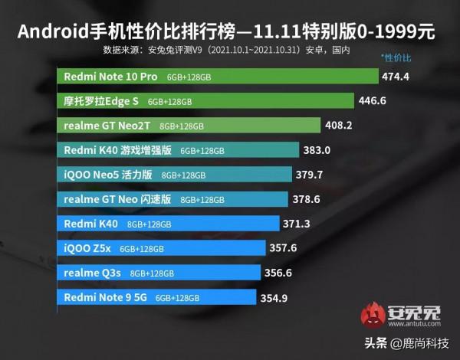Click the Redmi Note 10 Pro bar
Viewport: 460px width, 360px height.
(219, 77)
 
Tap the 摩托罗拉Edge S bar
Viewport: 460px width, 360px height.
(205, 101)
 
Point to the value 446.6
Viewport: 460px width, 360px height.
(373, 101)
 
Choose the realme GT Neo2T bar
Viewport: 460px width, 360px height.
(189, 126)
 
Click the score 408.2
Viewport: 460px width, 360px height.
(340, 126)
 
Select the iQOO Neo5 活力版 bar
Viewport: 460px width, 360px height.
(175, 174)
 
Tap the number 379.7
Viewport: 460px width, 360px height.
(310, 174)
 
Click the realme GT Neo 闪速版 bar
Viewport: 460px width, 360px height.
(174, 199)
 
